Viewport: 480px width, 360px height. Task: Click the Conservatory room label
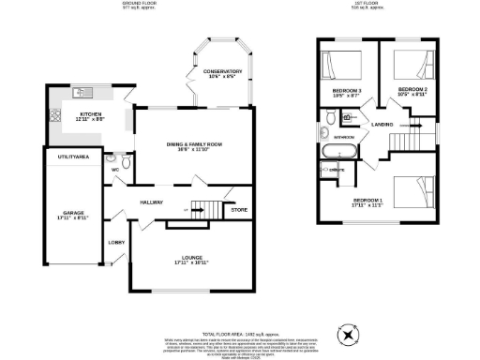pyautogui.click(x=217, y=71)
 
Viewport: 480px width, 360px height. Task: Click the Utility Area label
pyautogui.click(x=73, y=156)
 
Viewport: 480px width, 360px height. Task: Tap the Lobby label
pyautogui.click(x=116, y=243)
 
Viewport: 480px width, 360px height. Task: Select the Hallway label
pyautogui.click(x=152, y=202)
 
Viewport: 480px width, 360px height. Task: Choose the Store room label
pyautogui.click(x=239, y=210)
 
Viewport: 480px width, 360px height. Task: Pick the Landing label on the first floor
pyautogui.click(x=382, y=125)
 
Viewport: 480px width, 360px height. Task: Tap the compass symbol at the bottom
pyautogui.click(x=348, y=333)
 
